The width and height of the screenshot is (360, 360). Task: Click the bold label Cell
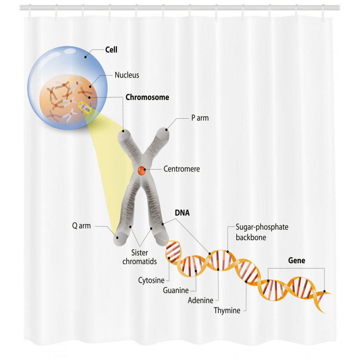[x=111, y=49]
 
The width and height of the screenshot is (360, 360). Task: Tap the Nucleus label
[x=127, y=75]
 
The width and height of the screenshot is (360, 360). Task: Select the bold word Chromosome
[x=147, y=97]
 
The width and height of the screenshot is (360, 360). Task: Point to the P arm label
[x=200, y=118]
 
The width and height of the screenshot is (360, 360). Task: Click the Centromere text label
[x=182, y=169]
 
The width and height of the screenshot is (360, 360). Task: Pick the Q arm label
[x=81, y=226]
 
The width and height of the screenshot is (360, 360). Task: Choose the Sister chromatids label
[x=139, y=257]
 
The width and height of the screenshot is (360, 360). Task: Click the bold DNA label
[x=182, y=213]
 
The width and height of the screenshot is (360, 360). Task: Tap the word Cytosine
[x=151, y=280]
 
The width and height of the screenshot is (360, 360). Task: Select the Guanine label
[x=176, y=290]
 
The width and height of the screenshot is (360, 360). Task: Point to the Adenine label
[x=200, y=300]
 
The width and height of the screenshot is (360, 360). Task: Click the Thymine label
[x=227, y=310]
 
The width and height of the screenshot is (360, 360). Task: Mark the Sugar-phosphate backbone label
[x=262, y=232]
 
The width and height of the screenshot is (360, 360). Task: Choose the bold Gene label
[x=297, y=261]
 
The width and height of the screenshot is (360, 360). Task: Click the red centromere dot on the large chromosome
[x=141, y=171]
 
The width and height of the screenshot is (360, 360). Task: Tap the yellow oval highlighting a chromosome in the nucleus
[x=85, y=107]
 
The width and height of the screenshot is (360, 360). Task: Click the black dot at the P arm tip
[x=166, y=130]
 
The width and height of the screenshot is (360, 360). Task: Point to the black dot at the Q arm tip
[x=117, y=238]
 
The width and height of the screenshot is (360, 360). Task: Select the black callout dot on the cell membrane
[x=85, y=57]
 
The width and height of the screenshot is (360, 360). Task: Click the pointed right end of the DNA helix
[x=331, y=293]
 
